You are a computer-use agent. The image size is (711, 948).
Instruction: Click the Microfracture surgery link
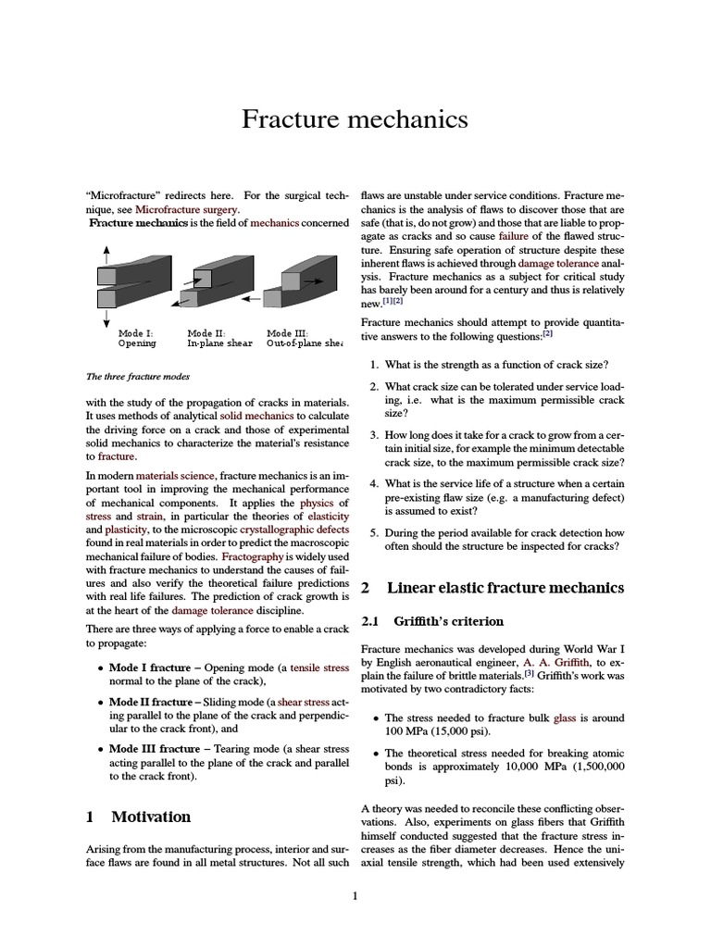tap(181, 210)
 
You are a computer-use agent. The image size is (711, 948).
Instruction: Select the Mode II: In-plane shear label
tap(220, 338)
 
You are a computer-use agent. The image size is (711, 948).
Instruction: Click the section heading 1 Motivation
tap(139, 817)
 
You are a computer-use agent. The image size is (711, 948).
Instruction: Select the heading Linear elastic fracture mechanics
tap(505, 588)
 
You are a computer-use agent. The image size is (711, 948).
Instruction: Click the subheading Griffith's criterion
tap(448, 621)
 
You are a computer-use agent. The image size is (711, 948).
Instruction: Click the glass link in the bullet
tap(564, 717)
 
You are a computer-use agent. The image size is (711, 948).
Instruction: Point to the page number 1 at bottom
tap(355, 895)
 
